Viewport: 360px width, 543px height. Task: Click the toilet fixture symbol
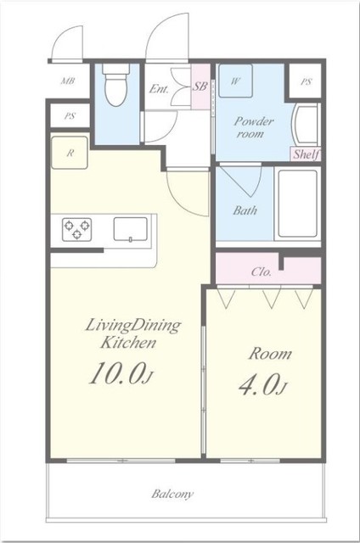[x=116, y=85]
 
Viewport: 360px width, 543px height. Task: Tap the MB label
[x=68, y=81]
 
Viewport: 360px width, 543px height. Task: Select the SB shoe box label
[x=200, y=87]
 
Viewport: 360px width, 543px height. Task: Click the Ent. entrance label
[x=159, y=89]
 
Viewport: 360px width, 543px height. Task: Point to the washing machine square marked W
[x=235, y=81]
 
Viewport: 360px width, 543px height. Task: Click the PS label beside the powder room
[x=306, y=82]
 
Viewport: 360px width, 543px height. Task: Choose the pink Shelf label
[x=307, y=154]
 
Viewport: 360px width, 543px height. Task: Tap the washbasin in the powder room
[x=307, y=125]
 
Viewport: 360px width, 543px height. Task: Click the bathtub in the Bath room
[x=298, y=203]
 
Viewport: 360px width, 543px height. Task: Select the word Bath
[x=245, y=210]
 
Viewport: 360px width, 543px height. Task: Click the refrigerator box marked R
[x=70, y=153]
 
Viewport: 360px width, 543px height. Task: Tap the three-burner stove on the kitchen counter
[x=77, y=229]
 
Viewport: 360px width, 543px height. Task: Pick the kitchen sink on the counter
[x=131, y=228]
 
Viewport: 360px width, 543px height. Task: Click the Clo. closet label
[x=262, y=271]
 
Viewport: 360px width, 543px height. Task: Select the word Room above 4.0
[x=270, y=354]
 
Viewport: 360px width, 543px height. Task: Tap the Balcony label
[x=172, y=494]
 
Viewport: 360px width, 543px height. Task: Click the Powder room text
[x=253, y=127]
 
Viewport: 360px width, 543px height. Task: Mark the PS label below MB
[x=70, y=116]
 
